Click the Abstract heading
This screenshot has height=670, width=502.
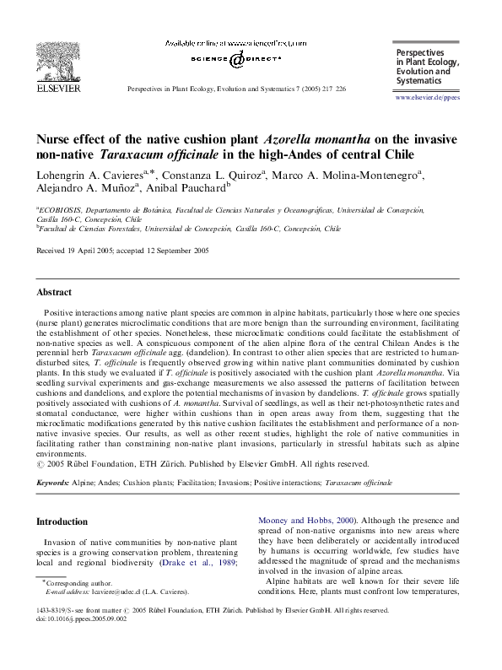[x=55, y=292]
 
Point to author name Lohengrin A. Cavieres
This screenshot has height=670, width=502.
[x=86, y=174]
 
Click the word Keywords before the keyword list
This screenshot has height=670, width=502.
[x=52, y=484]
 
